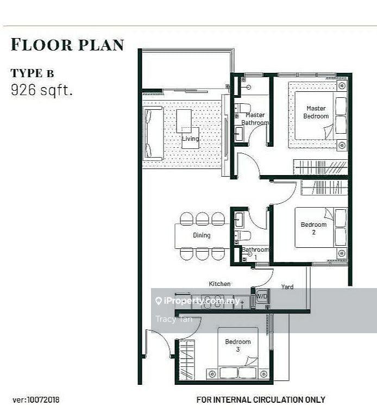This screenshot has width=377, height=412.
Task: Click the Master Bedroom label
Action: tap(316, 112)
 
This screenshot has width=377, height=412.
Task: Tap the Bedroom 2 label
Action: tap(314, 228)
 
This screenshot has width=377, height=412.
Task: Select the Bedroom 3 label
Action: tap(238, 345)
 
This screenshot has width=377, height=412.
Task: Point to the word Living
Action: tap(191, 139)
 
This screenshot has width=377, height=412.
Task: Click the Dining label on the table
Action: tap(202, 235)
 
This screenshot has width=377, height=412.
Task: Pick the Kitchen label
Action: tap(220, 284)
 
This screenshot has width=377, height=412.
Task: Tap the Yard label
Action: tap(287, 286)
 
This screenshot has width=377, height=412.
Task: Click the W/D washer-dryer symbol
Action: tap(262, 297)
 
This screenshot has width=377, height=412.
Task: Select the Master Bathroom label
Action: tap(255, 119)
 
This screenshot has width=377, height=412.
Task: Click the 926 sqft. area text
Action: tap(41, 90)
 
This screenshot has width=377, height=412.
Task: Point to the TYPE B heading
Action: tap(32, 73)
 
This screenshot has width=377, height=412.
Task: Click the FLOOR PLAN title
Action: tap(67, 45)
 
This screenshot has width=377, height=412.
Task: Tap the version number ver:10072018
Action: tap(36, 400)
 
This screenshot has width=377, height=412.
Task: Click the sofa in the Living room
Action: tap(153, 133)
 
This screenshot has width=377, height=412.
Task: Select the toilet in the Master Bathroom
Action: tap(242, 108)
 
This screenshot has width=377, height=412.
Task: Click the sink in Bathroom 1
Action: tap(238, 220)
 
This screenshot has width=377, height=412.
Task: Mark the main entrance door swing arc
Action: tap(162, 337)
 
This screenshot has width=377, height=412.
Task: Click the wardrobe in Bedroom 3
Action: tap(187, 360)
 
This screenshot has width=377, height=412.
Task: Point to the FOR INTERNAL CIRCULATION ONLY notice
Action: tap(261, 399)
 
